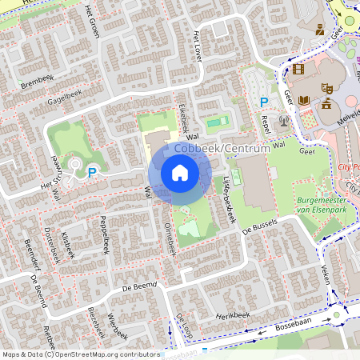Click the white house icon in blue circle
point(180,173)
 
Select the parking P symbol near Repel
point(264,102)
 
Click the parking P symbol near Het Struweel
point(92,171)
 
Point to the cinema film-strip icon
point(298,69)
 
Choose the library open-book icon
point(304,100)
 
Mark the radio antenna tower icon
point(283,121)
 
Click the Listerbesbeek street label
point(229,200)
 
